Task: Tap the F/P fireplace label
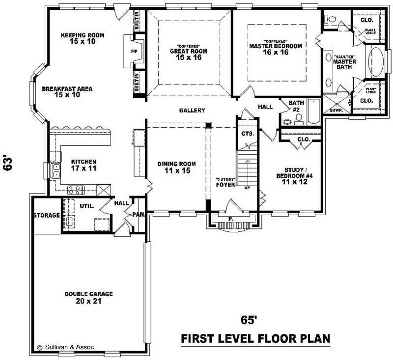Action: pyautogui.click(x=134, y=51)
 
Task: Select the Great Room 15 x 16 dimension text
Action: pyautogui.click(x=189, y=57)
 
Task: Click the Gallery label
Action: pyautogui.click(x=192, y=111)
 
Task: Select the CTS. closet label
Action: pyautogui.click(x=247, y=134)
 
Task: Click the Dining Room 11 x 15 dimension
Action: pyautogui.click(x=176, y=171)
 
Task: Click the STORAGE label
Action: pyautogui.click(x=46, y=215)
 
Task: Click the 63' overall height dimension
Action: pyautogui.click(x=8, y=163)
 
